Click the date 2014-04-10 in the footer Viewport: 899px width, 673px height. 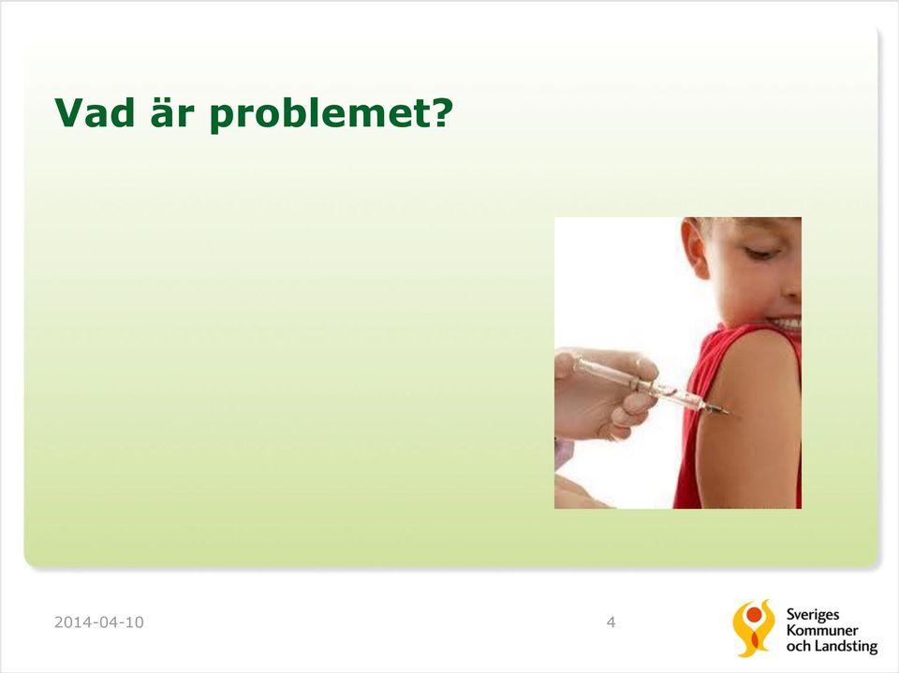(98, 622)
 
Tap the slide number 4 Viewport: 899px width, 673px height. (612, 622)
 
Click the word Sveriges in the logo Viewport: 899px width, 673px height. (813, 615)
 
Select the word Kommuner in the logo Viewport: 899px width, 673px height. (822, 630)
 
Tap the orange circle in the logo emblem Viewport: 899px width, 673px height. (754, 615)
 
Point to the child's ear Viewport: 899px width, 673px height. (694, 248)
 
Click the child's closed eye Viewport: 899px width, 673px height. (760, 251)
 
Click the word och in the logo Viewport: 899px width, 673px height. (798, 646)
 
